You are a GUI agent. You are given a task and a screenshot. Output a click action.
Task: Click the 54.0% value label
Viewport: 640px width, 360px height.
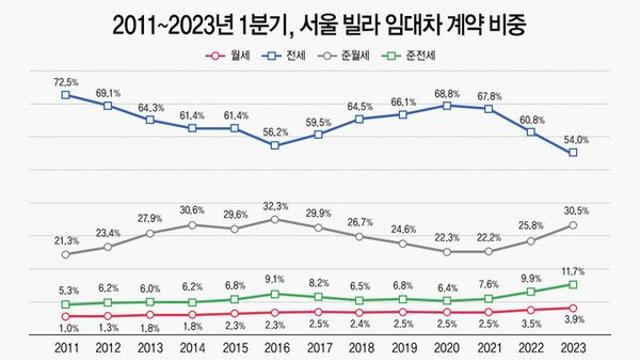(573, 139)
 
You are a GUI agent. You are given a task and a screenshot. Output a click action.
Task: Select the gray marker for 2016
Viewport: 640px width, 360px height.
(276, 219)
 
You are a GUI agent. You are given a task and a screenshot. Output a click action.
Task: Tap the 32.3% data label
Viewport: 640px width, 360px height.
(276, 205)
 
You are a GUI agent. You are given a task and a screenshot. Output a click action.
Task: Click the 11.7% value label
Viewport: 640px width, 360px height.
(574, 271)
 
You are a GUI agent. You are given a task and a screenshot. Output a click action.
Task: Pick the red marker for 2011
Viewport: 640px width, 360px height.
(66, 316)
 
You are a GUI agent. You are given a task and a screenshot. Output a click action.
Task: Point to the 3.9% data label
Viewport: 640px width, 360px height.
(574, 321)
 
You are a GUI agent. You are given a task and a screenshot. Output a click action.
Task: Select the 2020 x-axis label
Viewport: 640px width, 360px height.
(446, 347)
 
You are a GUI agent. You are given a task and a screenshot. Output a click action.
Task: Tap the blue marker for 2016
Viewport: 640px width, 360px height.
(276, 145)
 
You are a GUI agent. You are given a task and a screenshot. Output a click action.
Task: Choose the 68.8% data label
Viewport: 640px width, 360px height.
(446, 92)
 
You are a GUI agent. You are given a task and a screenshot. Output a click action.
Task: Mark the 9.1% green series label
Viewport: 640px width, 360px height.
(276, 280)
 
